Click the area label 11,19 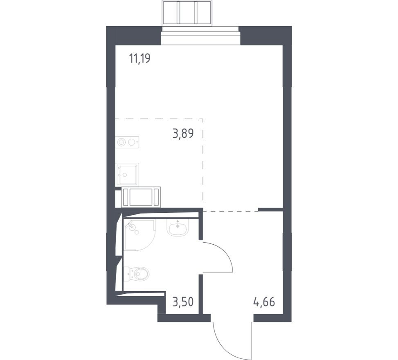(x=140, y=59)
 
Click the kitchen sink (x=127, y=174)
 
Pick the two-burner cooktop (x=127, y=142)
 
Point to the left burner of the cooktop (x=121, y=142)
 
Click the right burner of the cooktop (x=132, y=142)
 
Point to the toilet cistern (x=126, y=274)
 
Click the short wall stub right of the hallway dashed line (x=270, y=209)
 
